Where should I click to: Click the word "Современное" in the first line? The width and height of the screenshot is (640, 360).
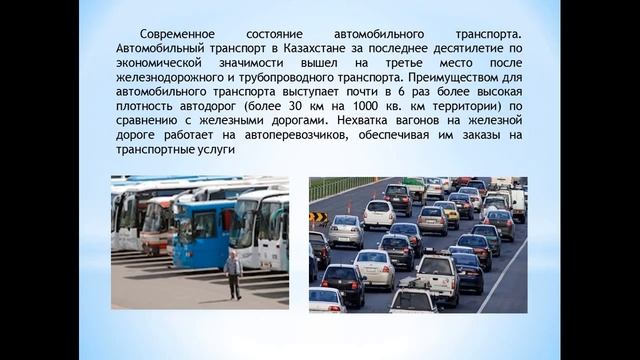click(x=177, y=33)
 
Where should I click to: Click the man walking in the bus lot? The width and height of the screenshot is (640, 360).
click(x=234, y=275)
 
